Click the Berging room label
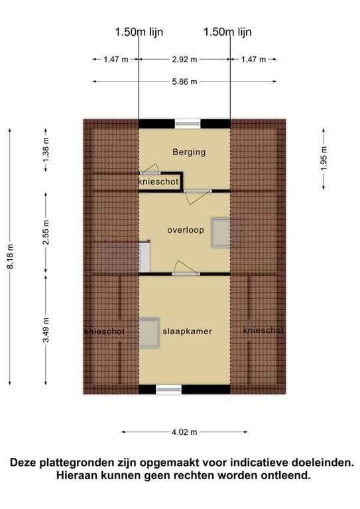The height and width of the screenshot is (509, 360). [189, 152]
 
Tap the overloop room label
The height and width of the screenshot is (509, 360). [186, 230]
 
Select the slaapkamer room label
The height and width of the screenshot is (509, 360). [188, 331]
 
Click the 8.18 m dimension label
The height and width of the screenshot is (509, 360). [11, 256]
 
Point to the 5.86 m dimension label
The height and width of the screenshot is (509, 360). [184, 82]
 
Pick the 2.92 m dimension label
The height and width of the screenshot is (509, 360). [184, 60]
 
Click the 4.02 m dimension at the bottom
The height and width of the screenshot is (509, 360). [184, 432]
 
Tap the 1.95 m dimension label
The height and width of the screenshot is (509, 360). [324, 159]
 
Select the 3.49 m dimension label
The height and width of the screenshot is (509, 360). [46, 330]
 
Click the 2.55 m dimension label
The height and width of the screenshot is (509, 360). [46, 233]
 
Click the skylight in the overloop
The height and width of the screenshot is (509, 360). [221, 233]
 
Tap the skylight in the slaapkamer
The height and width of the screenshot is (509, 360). [149, 333]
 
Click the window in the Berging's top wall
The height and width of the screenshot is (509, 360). [188, 124]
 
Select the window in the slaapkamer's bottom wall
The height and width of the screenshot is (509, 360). [169, 390]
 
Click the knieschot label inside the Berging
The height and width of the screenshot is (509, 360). [158, 182]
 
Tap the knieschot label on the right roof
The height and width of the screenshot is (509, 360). [264, 330]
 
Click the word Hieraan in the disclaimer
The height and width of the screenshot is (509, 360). [77, 476]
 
